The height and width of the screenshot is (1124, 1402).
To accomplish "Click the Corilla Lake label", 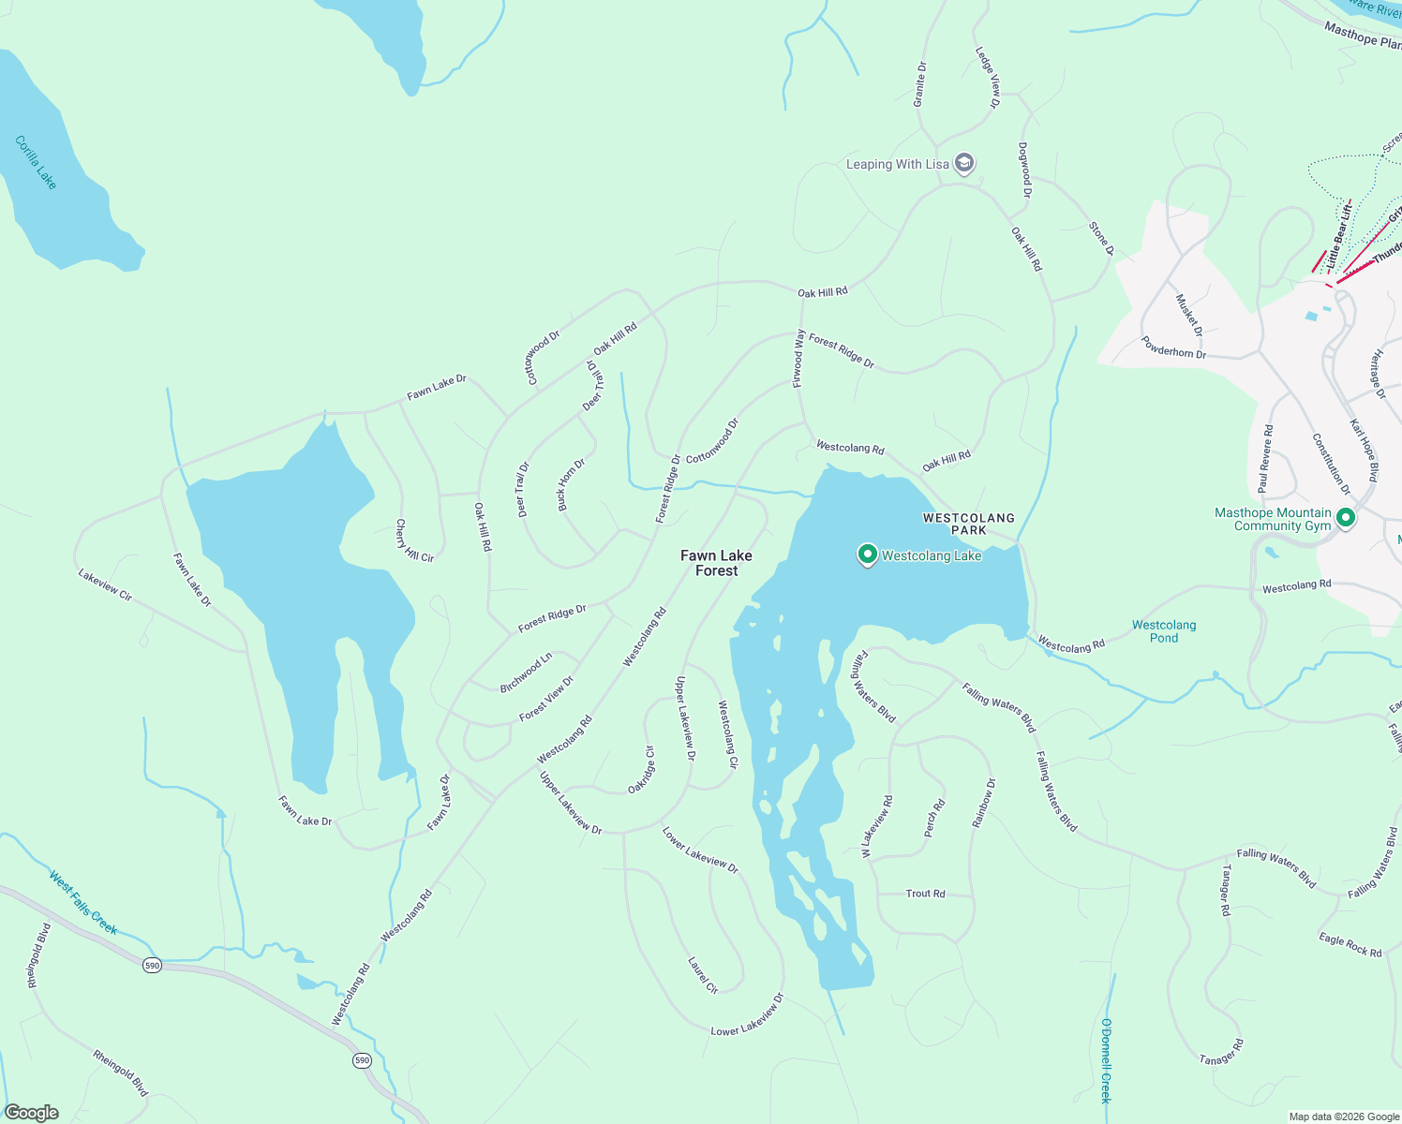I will click(36, 162).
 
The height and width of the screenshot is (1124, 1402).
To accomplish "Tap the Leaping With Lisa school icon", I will click(964, 163).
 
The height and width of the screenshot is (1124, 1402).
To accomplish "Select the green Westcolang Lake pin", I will click(867, 555).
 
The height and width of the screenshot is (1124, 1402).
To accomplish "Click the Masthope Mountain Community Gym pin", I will click(1346, 517).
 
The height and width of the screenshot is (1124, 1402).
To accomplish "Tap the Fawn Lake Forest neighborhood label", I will click(716, 563).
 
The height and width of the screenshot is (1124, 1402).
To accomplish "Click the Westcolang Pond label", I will click(1163, 631).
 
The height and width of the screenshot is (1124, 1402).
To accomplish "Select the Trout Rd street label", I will click(925, 894).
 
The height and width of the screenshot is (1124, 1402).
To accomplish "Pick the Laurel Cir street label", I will click(702, 975).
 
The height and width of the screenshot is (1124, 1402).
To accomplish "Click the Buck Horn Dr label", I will click(571, 484).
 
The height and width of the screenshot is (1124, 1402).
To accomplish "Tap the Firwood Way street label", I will click(798, 358).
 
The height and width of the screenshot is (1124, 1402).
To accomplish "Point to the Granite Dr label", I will click(920, 84).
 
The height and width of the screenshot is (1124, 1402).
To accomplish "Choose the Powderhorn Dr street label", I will click(1173, 348).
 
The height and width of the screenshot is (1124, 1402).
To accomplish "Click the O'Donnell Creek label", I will click(1106, 1060).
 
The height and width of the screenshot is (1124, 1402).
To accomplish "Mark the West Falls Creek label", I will click(83, 903).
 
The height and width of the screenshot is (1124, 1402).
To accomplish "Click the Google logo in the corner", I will click(32, 1112).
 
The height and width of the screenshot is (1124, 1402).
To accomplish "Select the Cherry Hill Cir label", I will click(413, 541).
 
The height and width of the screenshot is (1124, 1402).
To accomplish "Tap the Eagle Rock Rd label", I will click(1350, 945).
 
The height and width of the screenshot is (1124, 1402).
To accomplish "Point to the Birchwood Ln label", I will click(526, 673).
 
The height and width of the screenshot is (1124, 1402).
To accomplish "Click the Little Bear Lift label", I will click(1340, 234).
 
